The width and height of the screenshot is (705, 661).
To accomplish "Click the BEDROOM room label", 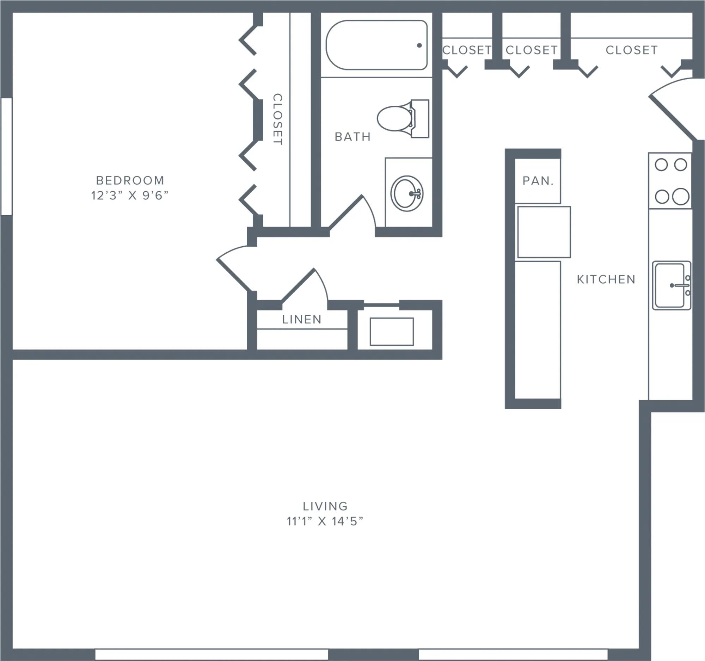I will pos(130,180).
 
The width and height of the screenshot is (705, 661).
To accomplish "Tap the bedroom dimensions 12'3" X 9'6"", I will pos(130,195).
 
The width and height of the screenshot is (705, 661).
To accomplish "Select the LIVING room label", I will pos(325,506).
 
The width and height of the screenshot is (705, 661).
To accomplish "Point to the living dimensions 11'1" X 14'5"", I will pos(325,521).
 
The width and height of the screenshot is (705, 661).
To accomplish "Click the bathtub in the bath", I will pos(376,45).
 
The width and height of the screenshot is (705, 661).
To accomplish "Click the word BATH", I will pos(352,136).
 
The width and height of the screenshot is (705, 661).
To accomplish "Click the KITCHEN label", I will pos(606,279).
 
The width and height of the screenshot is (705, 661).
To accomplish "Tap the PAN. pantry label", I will pos(538,181).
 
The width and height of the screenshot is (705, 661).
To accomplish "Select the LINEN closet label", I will pos(302,319).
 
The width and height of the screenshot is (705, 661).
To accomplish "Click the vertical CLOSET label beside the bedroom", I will pos(277,119).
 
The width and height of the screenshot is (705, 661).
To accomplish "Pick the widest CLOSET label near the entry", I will pos(632,50).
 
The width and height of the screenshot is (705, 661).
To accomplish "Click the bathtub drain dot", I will pos(419,45).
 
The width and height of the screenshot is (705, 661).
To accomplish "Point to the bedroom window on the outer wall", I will pos(6,156).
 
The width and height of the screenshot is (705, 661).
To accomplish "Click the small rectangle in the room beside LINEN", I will pos(392,332).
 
